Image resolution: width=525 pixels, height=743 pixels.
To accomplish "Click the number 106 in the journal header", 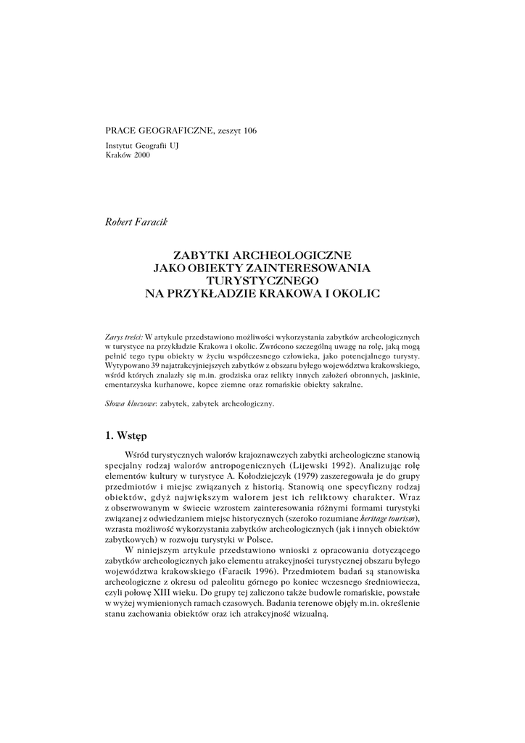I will tap(249, 131).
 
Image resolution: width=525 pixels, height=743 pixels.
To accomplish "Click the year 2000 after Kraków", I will tap(141, 156).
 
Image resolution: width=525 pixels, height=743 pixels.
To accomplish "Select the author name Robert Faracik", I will tap(136, 220).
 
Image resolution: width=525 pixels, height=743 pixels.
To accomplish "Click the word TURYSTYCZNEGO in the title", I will tap(262, 280).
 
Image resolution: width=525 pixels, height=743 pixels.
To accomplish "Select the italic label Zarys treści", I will tap(124, 337).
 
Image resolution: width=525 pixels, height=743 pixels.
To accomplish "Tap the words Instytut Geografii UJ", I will tap(141, 147).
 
